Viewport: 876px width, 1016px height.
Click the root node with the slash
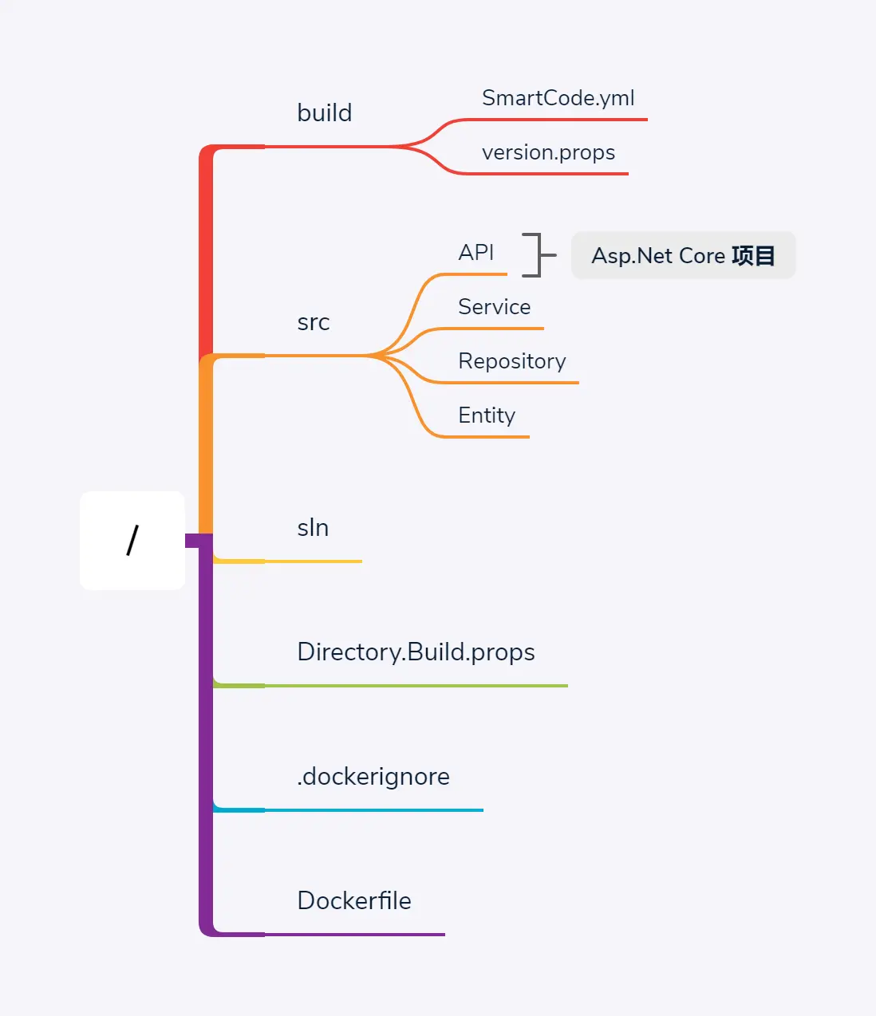point(132,541)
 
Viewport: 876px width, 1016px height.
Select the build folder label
point(324,113)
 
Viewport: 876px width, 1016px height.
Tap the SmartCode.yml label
point(558,98)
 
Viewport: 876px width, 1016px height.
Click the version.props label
point(548,152)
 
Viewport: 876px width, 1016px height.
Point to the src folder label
point(313,322)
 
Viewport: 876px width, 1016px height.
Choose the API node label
point(476,253)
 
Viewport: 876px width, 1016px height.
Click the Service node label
point(494,307)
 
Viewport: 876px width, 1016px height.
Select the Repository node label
point(511,361)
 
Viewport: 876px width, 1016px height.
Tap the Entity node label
point(487,415)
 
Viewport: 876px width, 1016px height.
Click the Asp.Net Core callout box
point(683,256)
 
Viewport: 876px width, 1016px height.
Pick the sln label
point(313,528)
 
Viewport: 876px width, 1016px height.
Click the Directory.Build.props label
point(416,652)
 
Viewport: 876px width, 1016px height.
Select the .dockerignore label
point(373,777)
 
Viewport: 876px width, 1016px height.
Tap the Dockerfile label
point(354,901)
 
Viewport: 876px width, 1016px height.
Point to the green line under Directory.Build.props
point(415,686)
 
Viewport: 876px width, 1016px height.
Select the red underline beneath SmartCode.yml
point(558,120)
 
